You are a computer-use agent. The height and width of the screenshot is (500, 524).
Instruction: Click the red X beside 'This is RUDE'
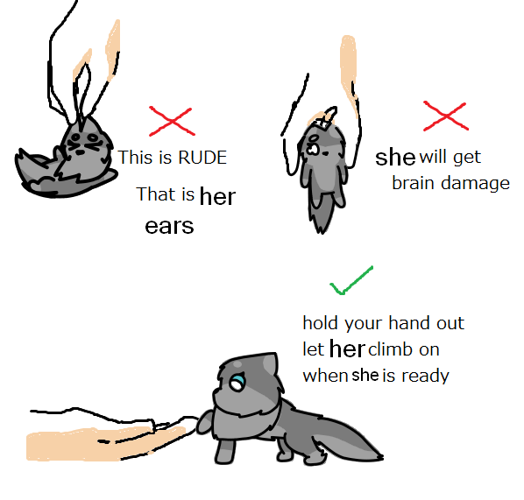pyautogui.click(x=172, y=121)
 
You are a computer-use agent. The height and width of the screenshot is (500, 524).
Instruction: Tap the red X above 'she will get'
pyautogui.click(x=446, y=116)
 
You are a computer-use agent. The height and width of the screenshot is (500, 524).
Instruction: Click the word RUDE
pyautogui.click(x=202, y=158)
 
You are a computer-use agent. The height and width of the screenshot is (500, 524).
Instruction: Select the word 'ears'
pyautogui.click(x=169, y=226)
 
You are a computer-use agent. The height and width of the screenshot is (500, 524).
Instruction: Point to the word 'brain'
pyautogui.click(x=413, y=183)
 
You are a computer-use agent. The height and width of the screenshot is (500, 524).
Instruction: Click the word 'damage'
pyautogui.click(x=475, y=184)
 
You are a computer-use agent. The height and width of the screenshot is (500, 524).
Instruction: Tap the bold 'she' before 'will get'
pyautogui.click(x=395, y=157)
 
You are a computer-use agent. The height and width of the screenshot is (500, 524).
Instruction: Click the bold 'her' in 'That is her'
pyautogui.click(x=217, y=196)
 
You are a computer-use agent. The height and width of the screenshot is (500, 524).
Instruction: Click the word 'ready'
pyautogui.click(x=425, y=377)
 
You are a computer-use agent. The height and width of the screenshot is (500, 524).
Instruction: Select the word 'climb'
pyautogui.click(x=390, y=349)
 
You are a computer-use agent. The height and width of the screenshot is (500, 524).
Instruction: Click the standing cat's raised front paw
pyautogui.click(x=204, y=422)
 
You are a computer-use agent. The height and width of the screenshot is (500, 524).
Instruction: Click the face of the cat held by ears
pyautogui.click(x=83, y=142)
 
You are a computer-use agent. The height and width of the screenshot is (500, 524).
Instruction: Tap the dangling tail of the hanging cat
pyautogui.click(x=321, y=214)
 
